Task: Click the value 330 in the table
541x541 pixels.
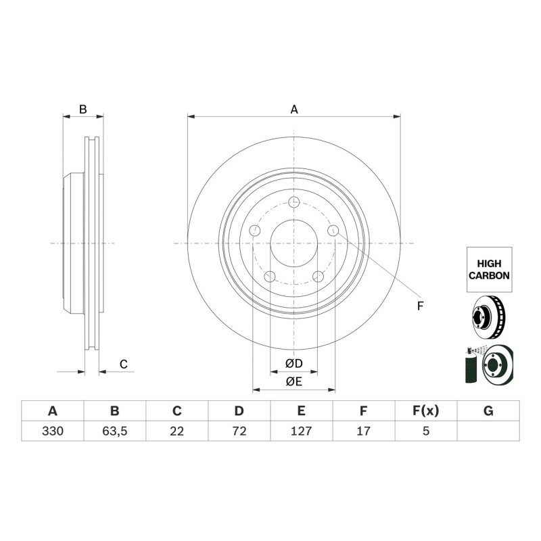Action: (x=53, y=431)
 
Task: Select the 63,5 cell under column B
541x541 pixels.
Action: (x=115, y=431)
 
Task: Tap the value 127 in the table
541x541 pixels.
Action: (x=301, y=431)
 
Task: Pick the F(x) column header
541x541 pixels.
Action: (x=426, y=411)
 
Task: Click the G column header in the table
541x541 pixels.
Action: (x=488, y=411)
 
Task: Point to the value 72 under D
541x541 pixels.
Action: (x=239, y=431)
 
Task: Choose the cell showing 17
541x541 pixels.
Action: (x=364, y=431)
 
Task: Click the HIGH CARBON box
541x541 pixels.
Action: (x=489, y=269)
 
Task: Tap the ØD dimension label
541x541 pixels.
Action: (x=294, y=363)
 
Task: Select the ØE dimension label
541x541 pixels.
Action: (x=294, y=381)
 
